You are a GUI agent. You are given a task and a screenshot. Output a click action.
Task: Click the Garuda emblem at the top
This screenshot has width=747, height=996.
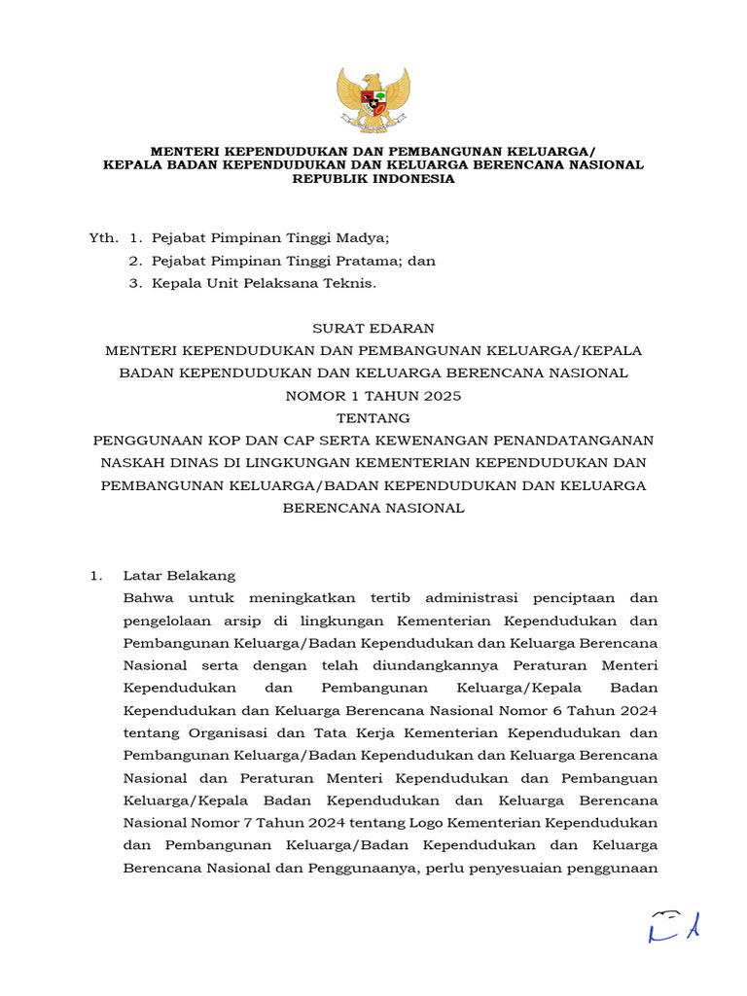[373, 98]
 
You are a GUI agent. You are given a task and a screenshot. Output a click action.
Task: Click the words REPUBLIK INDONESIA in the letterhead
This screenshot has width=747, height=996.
[373, 178]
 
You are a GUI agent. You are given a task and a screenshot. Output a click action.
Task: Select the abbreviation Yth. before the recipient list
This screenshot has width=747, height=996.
[102, 237]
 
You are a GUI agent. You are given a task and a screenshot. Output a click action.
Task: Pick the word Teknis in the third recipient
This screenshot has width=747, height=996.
[349, 283]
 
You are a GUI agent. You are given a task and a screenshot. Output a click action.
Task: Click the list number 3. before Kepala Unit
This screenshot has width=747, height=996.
[135, 283]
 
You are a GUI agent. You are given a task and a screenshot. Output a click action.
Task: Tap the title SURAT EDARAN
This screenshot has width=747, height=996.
[373, 329]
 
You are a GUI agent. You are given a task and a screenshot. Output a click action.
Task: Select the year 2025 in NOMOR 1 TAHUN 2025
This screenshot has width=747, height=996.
[441, 396]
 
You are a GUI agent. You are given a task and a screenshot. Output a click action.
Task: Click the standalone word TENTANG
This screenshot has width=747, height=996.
[373, 418]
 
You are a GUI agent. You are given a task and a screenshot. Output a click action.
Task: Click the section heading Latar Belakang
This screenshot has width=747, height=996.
[179, 576]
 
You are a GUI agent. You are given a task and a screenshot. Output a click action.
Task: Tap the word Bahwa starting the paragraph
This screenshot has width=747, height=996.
[147, 598]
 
